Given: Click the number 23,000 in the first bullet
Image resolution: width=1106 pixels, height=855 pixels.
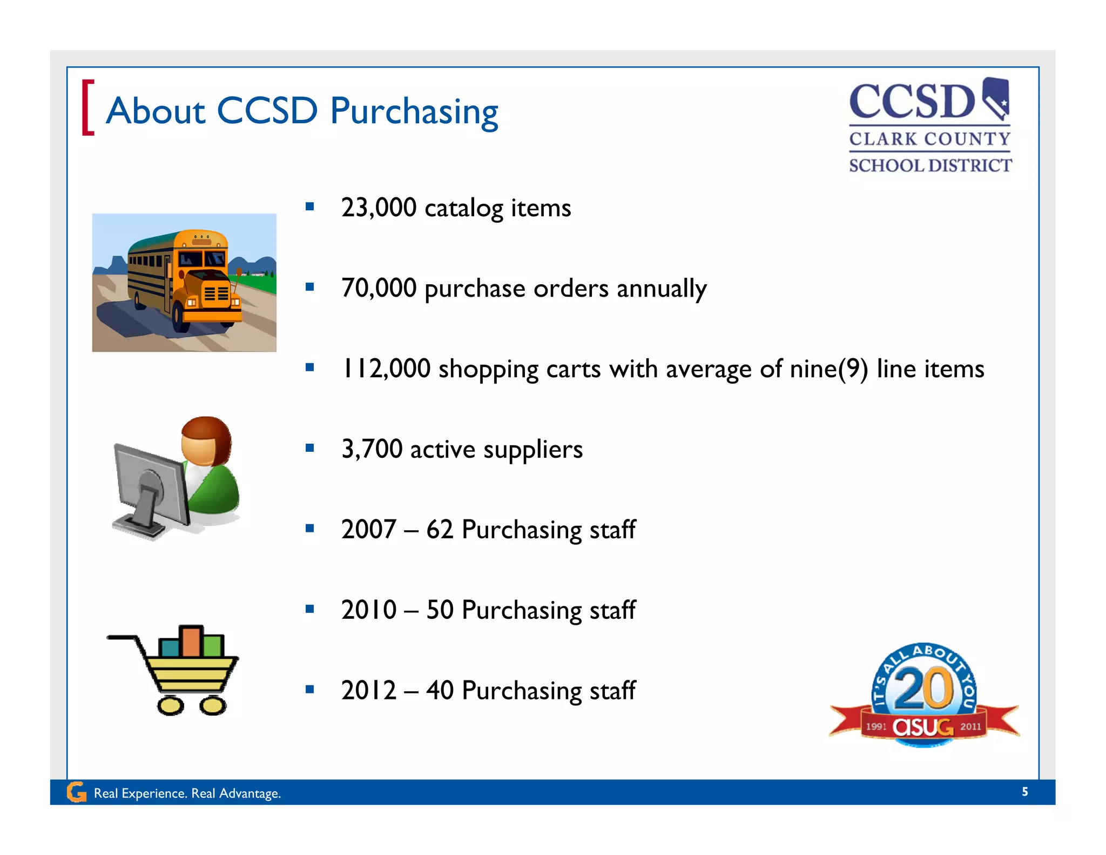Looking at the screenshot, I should click(x=379, y=208).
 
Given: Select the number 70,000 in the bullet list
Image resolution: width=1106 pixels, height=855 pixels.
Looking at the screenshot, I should click(x=379, y=288).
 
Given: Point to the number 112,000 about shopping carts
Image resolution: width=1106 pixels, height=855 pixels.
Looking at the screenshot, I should click(x=386, y=369).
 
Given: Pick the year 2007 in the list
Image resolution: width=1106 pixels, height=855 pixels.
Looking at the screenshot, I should click(x=369, y=529).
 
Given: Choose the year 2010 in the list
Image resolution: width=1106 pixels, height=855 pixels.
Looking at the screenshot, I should click(x=369, y=610).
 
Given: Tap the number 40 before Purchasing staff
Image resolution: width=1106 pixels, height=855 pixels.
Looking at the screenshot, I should click(x=440, y=690).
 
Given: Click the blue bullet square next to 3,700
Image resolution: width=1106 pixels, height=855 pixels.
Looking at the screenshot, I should click(x=309, y=447).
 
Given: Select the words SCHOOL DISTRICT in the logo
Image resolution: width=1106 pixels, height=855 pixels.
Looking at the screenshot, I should click(x=930, y=165).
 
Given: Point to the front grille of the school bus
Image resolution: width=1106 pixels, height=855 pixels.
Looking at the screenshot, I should click(x=215, y=294).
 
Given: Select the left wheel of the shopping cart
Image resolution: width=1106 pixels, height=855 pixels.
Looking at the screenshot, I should click(x=171, y=705).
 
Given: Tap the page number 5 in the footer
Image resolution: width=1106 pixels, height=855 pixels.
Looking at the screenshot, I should click(x=1024, y=792).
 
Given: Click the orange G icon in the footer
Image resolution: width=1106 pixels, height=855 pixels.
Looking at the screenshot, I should click(x=76, y=792).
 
